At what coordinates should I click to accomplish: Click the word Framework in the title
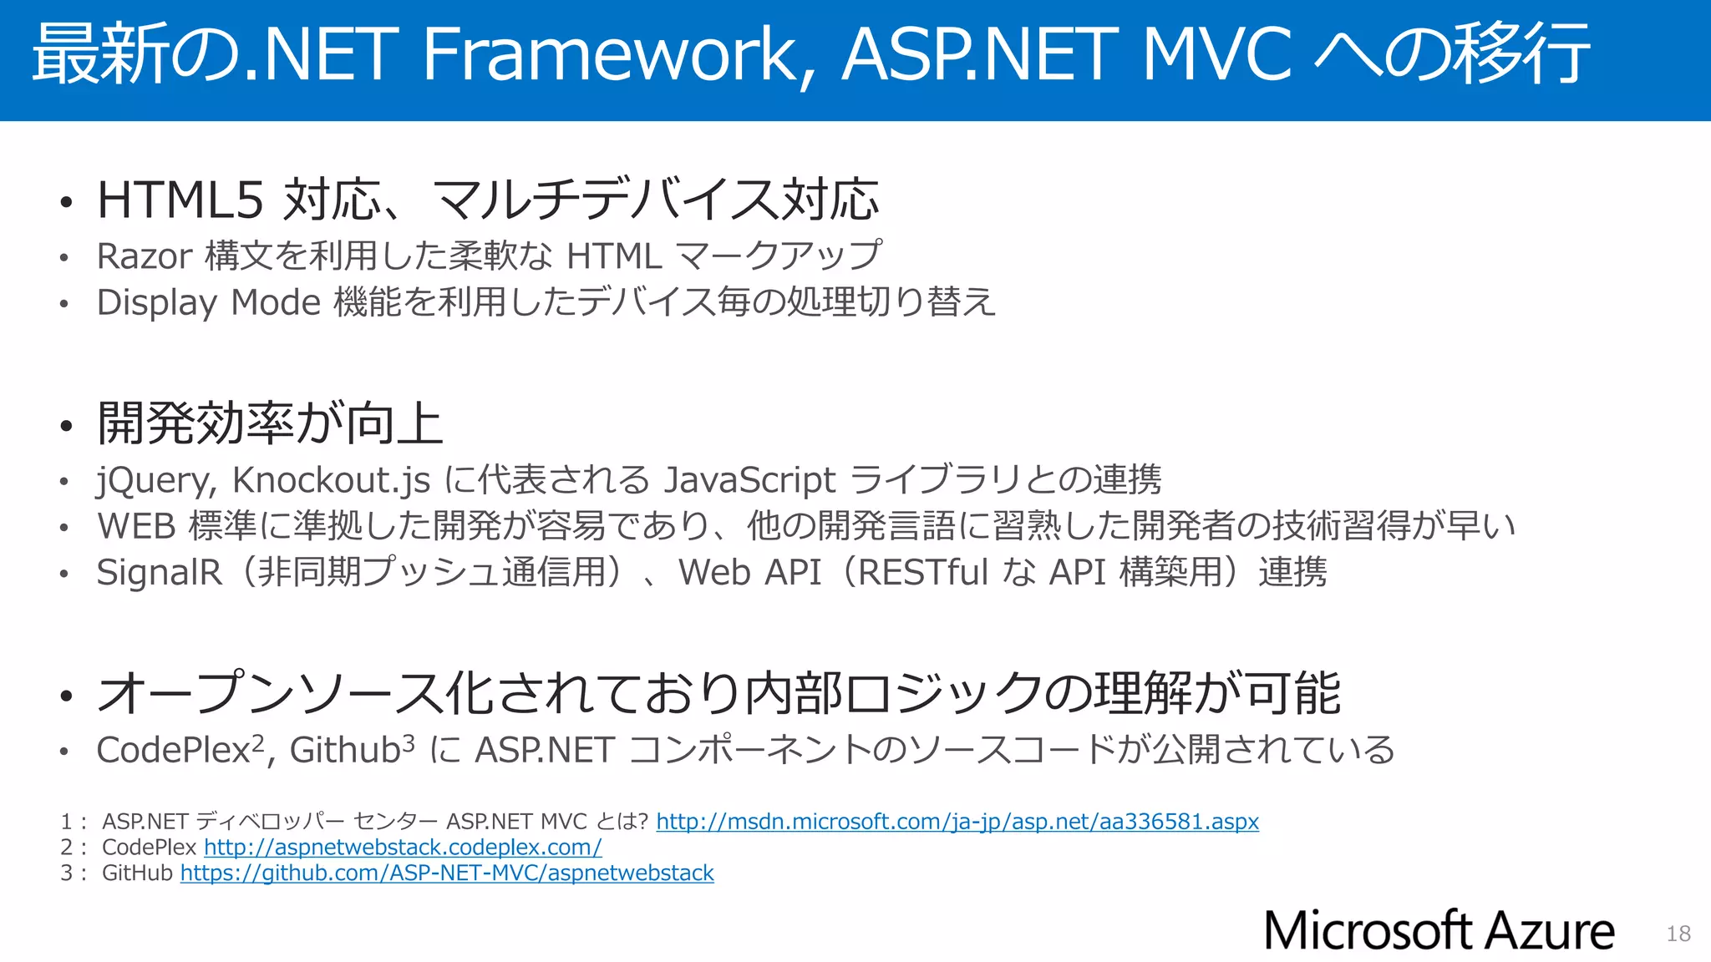610,54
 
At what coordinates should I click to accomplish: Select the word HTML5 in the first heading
180,200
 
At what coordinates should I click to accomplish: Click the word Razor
145,256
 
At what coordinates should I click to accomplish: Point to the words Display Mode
209,302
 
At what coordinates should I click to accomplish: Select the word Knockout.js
331,480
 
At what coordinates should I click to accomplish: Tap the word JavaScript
749,480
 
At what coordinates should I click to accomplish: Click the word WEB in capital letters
135,526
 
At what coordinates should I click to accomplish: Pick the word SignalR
159,573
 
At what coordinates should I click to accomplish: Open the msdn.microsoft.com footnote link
957,822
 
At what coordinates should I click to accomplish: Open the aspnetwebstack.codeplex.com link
403,848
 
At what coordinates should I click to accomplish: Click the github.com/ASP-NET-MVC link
447,873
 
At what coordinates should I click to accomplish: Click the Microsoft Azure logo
1439,930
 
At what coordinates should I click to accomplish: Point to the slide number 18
1678,934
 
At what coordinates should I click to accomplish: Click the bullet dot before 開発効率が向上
67,426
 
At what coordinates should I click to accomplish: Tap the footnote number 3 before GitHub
66,873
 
